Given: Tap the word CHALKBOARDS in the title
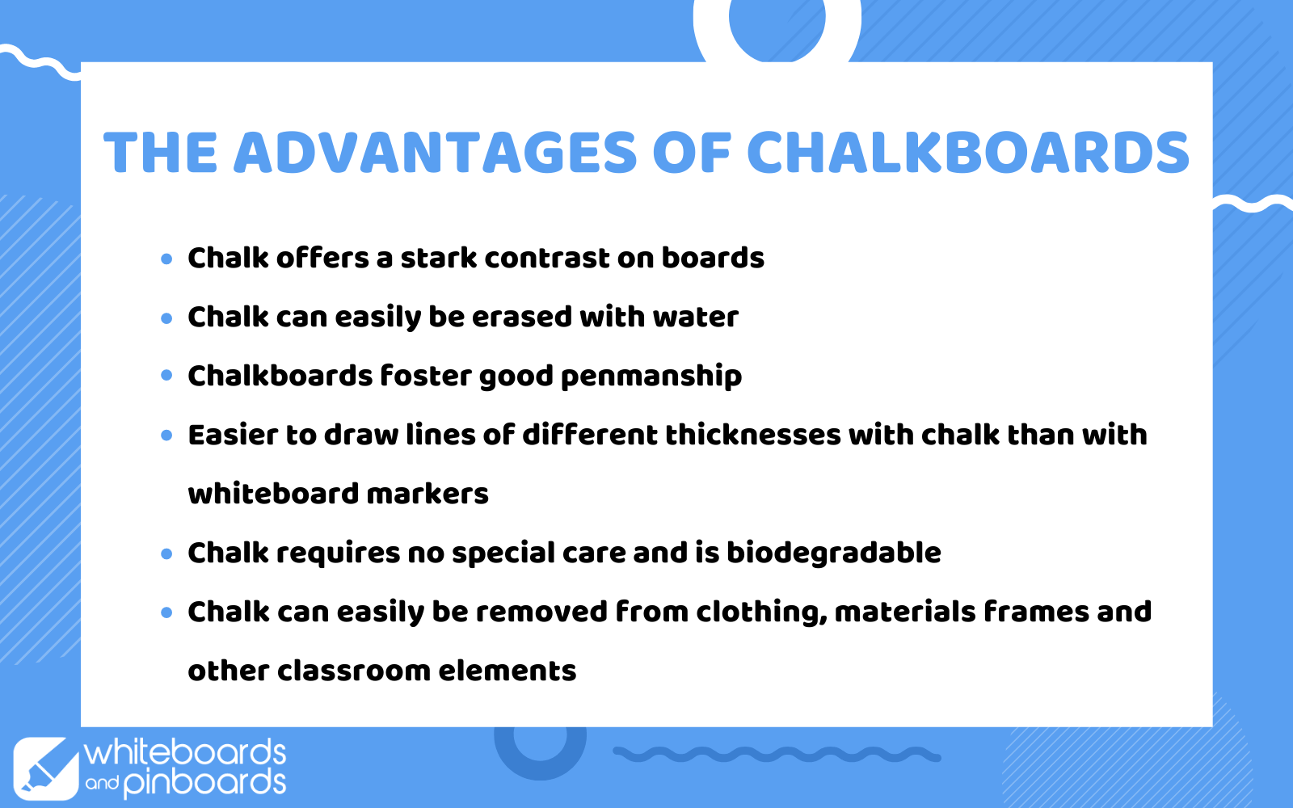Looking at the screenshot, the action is pyautogui.click(x=968, y=153).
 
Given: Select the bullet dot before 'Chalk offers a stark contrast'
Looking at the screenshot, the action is pyautogui.click(x=166, y=259).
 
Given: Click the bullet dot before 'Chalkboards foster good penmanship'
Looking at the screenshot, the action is pyautogui.click(x=166, y=376).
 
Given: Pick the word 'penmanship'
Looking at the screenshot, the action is pyautogui.click(x=651, y=377).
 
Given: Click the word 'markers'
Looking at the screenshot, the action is pyautogui.click(x=427, y=494).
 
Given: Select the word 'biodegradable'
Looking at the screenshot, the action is pyautogui.click(x=833, y=553).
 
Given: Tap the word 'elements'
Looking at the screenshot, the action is pyautogui.click(x=508, y=671).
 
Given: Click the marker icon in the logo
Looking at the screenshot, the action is pyautogui.click(x=45, y=768).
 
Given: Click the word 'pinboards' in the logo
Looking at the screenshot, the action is pyautogui.click(x=205, y=784).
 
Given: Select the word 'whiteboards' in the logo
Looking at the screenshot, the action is pyautogui.click(x=185, y=752).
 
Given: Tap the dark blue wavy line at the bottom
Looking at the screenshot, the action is pyautogui.click(x=777, y=755).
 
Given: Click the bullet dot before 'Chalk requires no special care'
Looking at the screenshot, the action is pyautogui.click(x=166, y=554).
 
